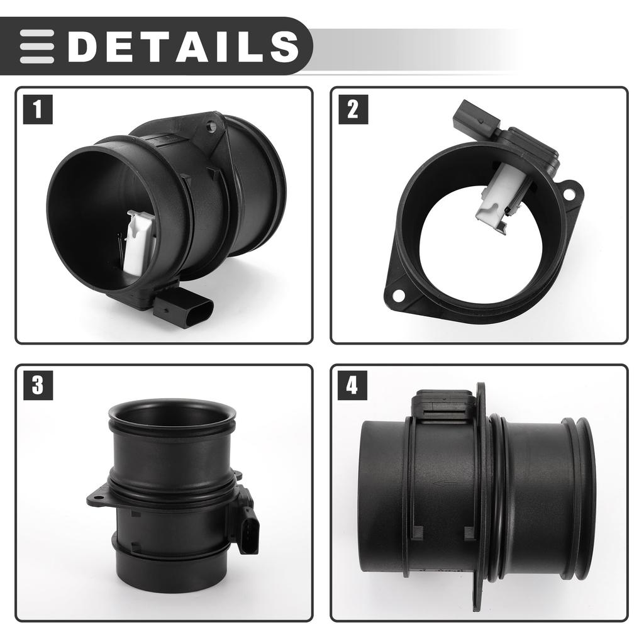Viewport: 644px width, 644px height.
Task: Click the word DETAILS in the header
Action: [x=182, y=46]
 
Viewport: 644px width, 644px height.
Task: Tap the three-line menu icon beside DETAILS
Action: [x=36, y=46]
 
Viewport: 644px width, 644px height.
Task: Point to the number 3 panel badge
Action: [x=38, y=385]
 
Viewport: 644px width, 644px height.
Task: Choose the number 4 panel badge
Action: [x=352, y=385]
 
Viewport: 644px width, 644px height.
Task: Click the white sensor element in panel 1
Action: [x=140, y=242]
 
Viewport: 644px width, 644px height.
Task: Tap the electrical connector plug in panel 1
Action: [x=184, y=309]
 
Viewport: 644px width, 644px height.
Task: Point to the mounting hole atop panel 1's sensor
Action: [x=211, y=127]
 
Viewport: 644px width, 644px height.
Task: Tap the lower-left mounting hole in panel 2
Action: [x=397, y=294]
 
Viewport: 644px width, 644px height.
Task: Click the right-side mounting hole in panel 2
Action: [x=570, y=194]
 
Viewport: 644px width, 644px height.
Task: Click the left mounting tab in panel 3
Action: [x=96, y=501]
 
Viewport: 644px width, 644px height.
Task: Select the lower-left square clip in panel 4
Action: [x=416, y=533]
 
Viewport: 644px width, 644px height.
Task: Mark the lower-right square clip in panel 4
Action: [x=469, y=533]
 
